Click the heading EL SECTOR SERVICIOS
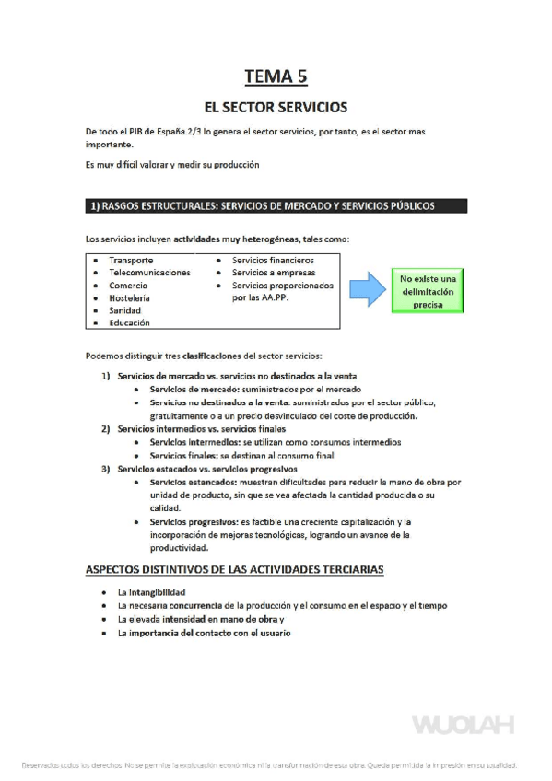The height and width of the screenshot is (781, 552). pyautogui.click(x=276, y=107)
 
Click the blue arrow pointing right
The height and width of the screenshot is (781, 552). pyautogui.click(x=370, y=289)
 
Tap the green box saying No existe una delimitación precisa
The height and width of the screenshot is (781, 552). pyautogui.click(x=428, y=290)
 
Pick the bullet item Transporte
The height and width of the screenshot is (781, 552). pyautogui.click(x=131, y=261)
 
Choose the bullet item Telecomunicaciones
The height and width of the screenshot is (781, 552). pyautogui.click(x=149, y=273)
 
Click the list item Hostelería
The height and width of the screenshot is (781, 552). pyautogui.click(x=130, y=298)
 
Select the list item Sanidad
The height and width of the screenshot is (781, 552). pyautogui.click(x=125, y=311)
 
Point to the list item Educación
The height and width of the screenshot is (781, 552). pyautogui.click(x=129, y=323)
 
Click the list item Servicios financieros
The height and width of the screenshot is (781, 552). pyautogui.click(x=273, y=261)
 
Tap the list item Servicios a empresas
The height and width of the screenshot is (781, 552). pyautogui.click(x=274, y=273)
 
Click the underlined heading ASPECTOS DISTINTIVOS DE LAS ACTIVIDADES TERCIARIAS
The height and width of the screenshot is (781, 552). pyautogui.click(x=234, y=569)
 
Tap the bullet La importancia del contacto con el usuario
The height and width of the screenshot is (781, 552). pyautogui.click(x=204, y=634)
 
